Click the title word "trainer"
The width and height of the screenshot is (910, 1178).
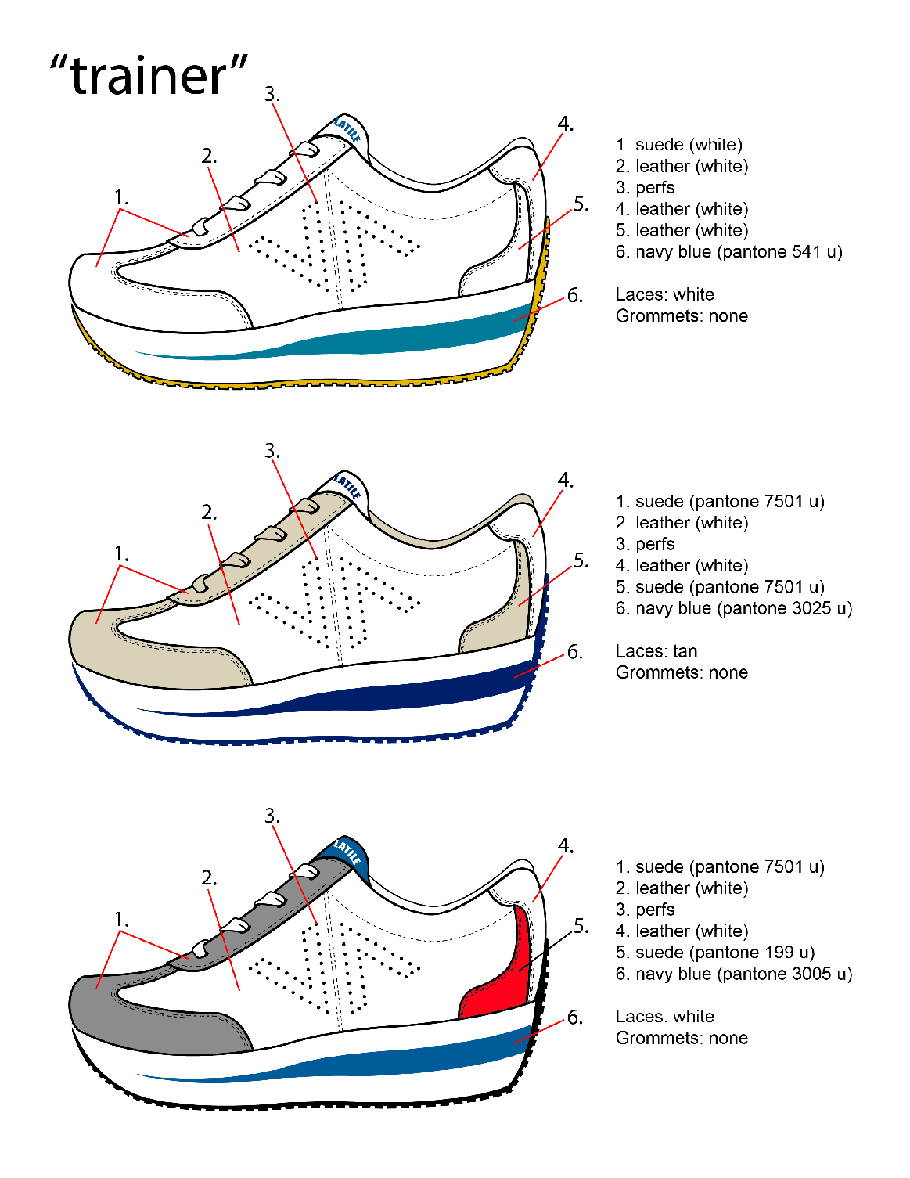click(149, 76)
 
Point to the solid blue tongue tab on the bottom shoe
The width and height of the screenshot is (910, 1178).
click(344, 853)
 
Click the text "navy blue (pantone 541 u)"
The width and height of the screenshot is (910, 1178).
click(738, 252)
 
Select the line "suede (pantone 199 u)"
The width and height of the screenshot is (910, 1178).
click(725, 953)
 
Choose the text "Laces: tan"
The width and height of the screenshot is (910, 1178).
click(656, 651)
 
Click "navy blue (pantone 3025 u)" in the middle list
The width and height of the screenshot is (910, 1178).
click(743, 608)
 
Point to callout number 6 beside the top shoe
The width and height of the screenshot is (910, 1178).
click(575, 296)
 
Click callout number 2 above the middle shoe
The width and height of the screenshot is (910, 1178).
click(208, 513)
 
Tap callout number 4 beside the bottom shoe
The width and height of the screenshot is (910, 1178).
click(565, 846)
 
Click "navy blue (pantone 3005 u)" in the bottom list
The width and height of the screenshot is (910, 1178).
click(743, 974)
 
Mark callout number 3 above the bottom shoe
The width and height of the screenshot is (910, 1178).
click(271, 816)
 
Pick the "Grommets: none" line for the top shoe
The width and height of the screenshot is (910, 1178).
click(682, 316)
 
